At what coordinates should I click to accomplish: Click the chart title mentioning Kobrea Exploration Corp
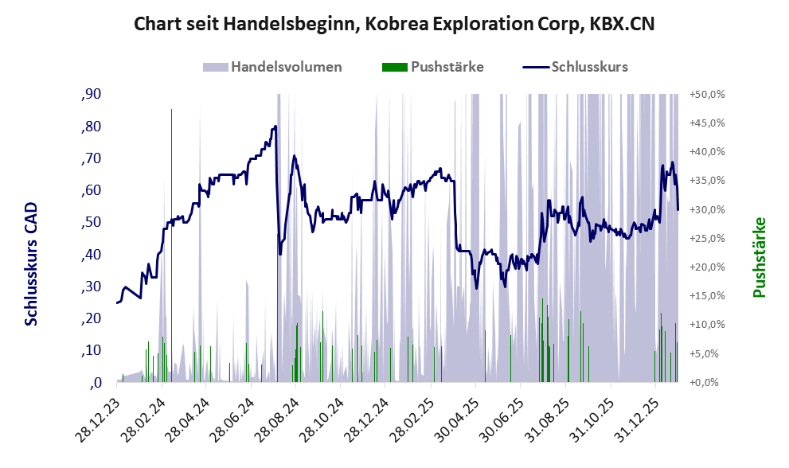[394, 24]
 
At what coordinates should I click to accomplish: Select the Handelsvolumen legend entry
[286, 67]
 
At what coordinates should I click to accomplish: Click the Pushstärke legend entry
[447, 67]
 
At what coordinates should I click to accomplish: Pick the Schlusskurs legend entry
[589, 67]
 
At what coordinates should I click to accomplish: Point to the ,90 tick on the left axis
[91, 95]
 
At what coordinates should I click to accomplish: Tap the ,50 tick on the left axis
[91, 222]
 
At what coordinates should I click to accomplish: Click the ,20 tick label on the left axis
[91, 318]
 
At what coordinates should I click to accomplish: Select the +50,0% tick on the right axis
[706, 94]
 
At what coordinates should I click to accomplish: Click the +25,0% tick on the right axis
[706, 238]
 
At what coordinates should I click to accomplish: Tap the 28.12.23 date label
[101, 415]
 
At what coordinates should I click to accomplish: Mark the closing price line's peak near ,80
[275, 126]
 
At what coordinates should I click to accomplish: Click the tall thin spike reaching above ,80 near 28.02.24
[171, 111]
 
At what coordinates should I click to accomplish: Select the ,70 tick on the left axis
[91, 158]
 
